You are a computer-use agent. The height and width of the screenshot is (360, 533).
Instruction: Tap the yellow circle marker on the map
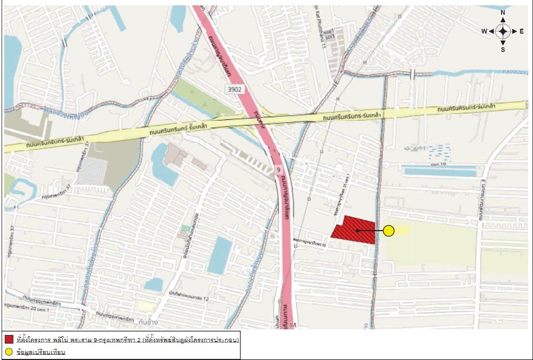[x=389, y=231]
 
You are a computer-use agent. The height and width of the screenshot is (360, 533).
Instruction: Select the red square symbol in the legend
[x=9, y=340]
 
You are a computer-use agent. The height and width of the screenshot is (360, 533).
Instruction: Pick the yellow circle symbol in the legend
[x=9, y=352]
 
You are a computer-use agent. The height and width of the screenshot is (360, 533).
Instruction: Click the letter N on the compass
[x=503, y=12]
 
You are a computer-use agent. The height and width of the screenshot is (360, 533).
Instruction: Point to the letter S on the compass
[x=503, y=50]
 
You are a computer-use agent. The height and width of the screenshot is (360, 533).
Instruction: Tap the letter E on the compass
[x=522, y=31]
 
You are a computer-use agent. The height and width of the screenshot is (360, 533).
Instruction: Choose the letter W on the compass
[x=484, y=31]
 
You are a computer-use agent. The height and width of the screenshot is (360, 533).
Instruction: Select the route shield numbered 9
[x=278, y=170]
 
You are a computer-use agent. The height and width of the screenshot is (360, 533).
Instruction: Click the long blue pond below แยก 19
[x=440, y=173]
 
